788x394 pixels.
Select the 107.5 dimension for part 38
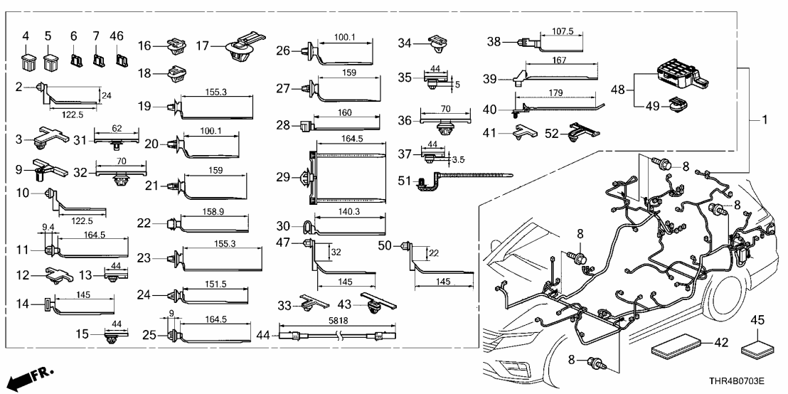click(x=558, y=31)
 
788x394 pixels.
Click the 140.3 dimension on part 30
click(x=348, y=211)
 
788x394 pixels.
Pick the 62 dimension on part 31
click(x=117, y=129)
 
